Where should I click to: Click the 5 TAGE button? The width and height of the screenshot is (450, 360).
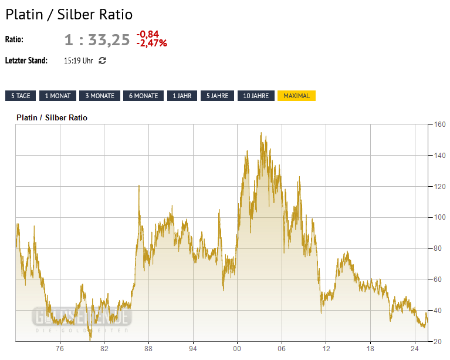coord(21,96)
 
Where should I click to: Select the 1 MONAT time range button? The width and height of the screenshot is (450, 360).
coord(58,96)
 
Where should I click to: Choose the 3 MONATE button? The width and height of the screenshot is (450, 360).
coord(100,96)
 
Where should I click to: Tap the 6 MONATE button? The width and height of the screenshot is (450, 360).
coord(143,96)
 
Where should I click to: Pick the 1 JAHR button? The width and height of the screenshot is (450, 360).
coord(181,96)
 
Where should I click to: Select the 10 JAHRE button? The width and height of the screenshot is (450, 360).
coord(256,96)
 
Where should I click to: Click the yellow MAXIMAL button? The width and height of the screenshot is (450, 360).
coord(296,96)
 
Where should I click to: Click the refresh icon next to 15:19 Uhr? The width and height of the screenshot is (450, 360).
coord(102,60)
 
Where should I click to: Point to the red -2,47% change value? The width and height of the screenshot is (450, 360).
coord(151,43)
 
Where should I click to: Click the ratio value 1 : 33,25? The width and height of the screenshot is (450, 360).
coord(97,40)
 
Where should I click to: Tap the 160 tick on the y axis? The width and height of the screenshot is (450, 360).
coord(439,125)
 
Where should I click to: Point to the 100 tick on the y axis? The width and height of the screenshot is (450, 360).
coord(439,217)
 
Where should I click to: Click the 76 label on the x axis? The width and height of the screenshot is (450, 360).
coord(60,348)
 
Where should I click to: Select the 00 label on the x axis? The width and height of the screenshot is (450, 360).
coord(237,348)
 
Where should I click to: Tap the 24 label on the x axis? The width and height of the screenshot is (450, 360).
coord(414,348)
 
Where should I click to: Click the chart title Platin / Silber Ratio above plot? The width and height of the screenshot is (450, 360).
coord(52,117)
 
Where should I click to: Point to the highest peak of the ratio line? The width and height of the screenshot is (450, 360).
coord(261,133)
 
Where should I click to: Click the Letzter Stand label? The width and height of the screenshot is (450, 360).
coord(26,60)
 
